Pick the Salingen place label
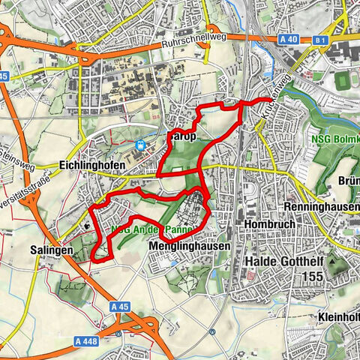coord(51,248)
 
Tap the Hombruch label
coord(265,225)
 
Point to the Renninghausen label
coord(322,206)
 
